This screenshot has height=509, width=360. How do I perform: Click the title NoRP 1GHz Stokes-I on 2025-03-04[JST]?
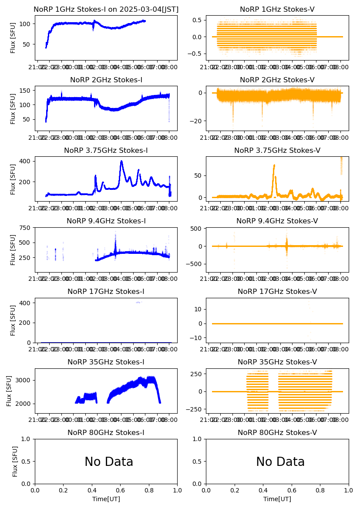(x=106, y=9)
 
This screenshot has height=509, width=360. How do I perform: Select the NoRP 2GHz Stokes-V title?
(x=277, y=80)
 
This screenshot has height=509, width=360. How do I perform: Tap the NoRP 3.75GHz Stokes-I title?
(x=106, y=150)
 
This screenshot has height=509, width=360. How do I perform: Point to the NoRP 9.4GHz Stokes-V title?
(x=277, y=221)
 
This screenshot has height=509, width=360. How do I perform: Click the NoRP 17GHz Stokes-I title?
(x=106, y=291)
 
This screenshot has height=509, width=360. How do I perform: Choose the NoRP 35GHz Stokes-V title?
(x=277, y=362)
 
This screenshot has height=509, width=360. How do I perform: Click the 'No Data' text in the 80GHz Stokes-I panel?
(x=109, y=462)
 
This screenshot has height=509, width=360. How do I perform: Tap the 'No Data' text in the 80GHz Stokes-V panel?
(x=280, y=462)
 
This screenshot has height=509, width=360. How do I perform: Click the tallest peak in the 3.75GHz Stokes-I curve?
(x=121, y=161)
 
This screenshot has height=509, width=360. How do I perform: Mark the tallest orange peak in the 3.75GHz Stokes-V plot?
(x=274, y=165)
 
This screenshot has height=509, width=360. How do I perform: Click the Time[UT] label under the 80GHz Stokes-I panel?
(x=106, y=499)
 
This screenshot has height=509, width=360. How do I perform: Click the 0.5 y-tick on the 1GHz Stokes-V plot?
(x=198, y=20)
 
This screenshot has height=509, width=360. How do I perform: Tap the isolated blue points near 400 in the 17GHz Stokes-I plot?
(x=138, y=302)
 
